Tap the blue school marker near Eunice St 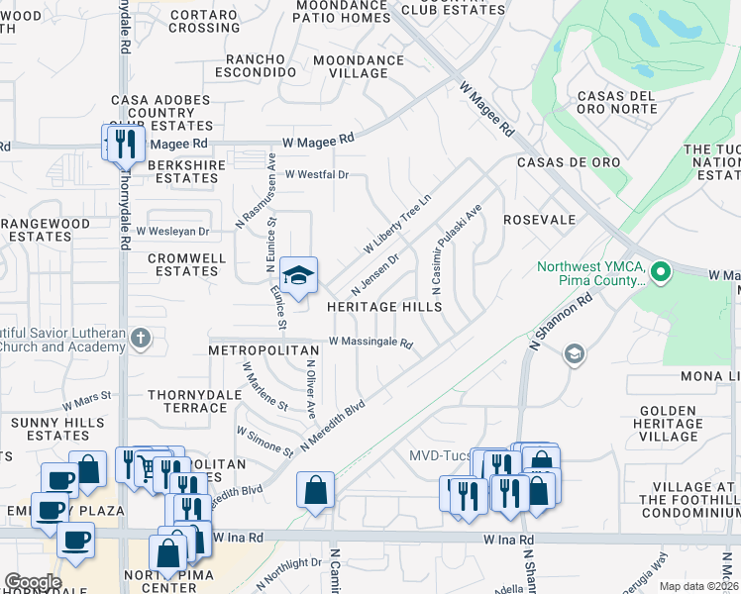point(297,274)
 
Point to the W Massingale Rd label point(370,342)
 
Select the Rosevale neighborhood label point(539,219)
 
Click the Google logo point(33,582)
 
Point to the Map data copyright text point(699,586)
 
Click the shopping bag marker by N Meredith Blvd point(315,490)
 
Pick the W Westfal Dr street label point(317,174)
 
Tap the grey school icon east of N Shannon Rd point(574,353)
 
